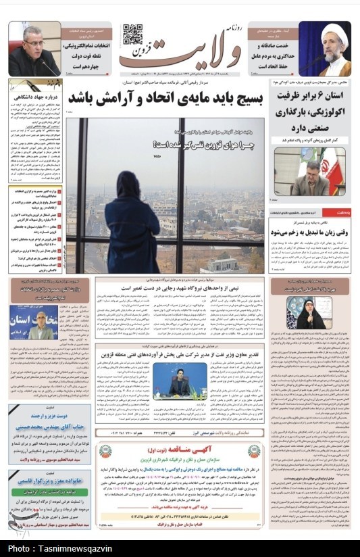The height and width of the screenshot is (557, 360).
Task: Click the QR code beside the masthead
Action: [x=132, y=34]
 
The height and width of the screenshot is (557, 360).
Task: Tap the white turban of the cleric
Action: [x=332, y=32]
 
